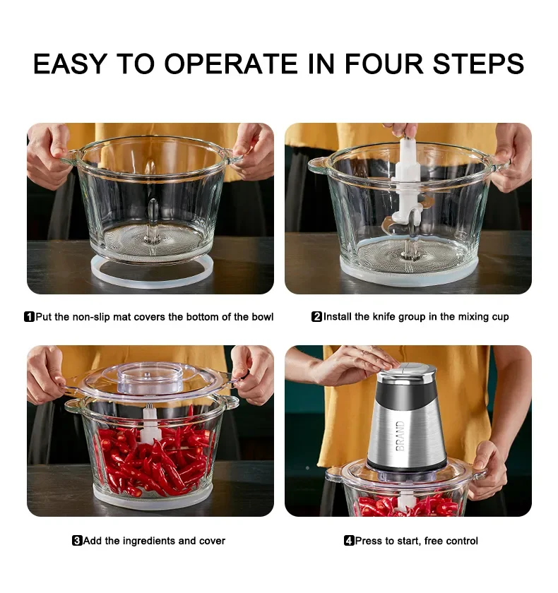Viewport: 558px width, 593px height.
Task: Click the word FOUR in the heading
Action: click(x=384, y=64)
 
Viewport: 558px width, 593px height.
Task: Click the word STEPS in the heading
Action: click(x=479, y=64)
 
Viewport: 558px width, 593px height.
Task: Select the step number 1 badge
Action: click(x=29, y=316)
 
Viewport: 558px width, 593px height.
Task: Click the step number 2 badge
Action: click(x=316, y=316)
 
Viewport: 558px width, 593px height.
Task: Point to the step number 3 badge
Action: click(x=77, y=541)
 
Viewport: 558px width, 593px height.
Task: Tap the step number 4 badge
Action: click(x=349, y=541)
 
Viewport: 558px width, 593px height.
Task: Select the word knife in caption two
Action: click(x=384, y=316)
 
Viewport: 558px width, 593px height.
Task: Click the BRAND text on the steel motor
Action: click(x=400, y=436)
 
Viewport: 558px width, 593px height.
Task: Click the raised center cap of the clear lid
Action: click(x=150, y=378)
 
